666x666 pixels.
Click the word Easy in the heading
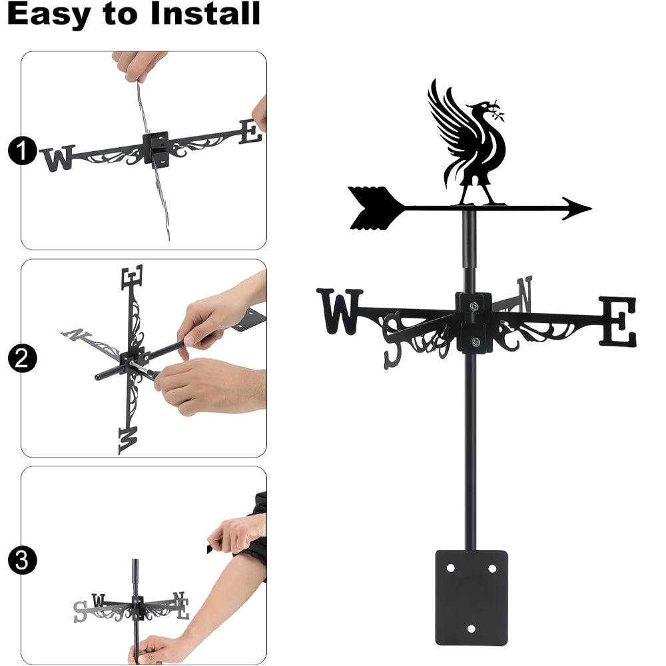coord(49,13)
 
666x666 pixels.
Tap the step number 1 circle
coord(22,151)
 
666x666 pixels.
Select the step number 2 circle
coord(22,358)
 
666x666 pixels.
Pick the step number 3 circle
coord(22,560)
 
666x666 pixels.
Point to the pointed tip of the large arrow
coord(591,208)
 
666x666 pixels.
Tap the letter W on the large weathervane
coord(340,311)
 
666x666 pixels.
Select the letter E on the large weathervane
coord(618,322)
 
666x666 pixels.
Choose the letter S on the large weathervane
coord(392,340)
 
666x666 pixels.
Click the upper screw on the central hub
coord(474,306)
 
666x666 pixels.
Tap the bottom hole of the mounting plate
coord(471,629)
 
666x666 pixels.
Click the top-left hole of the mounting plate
coord(451,568)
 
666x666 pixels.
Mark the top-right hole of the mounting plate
coord(492,568)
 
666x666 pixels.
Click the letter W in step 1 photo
coord(59,159)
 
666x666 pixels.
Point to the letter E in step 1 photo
coord(250,132)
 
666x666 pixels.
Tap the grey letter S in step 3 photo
coord(81,611)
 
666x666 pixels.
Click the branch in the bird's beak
coord(497,111)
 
